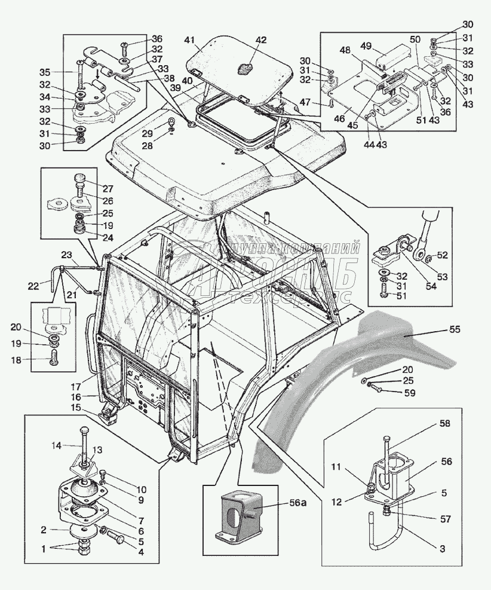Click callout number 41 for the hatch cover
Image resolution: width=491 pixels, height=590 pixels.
(190, 41)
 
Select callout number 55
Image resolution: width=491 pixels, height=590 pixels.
(455, 329)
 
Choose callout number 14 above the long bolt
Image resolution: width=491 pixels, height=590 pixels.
(56, 445)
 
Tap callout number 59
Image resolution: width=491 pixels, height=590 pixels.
(410, 393)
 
